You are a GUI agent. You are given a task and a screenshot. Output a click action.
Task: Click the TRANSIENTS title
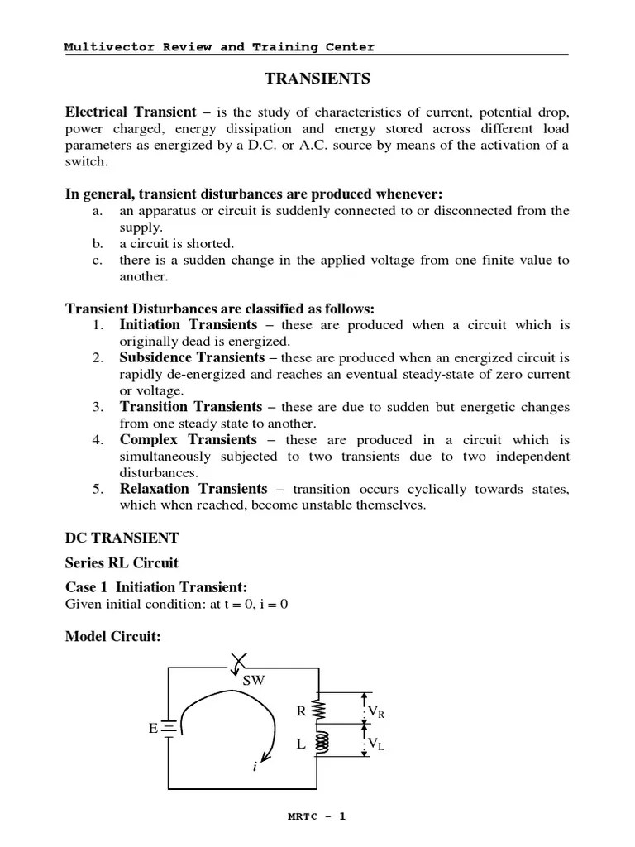point(317,79)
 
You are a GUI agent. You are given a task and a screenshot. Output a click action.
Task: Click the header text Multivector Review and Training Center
point(219,47)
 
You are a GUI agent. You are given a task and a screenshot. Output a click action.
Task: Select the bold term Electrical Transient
point(131,112)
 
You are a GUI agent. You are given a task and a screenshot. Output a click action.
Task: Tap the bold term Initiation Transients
point(189,325)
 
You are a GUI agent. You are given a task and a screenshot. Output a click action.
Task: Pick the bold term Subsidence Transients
point(192,358)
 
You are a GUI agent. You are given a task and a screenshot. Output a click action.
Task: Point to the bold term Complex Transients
point(189,440)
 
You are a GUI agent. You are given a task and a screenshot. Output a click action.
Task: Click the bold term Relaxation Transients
point(193,489)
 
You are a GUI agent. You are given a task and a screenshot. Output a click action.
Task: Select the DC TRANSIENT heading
point(122,538)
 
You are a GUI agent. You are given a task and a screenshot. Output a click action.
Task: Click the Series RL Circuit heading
point(122,563)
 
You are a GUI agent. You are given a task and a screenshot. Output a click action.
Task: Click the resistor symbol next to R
point(319,710)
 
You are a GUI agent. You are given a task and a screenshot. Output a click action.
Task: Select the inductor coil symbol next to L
point(319,744)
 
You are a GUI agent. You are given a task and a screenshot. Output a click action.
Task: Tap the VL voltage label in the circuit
point(376,744)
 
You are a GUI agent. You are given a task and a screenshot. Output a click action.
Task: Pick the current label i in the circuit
point(255,768)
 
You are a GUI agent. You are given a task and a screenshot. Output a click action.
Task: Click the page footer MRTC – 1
point(317,816)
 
